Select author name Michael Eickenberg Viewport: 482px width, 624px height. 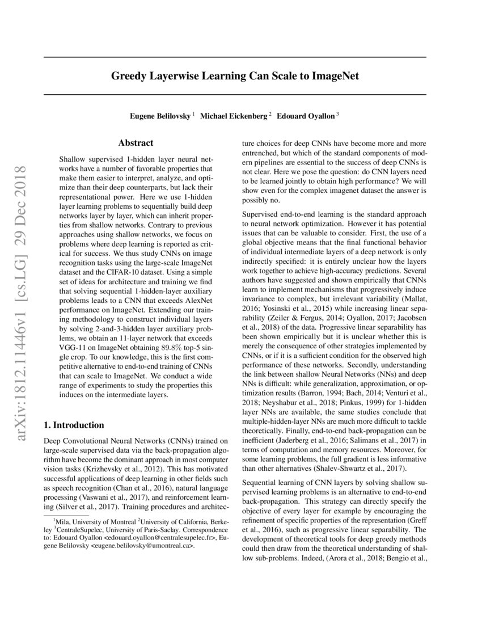click(x=235, y=116)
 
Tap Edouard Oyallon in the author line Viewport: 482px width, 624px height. click(x=306, y=116)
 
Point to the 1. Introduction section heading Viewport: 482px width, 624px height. click(x=74, y=425)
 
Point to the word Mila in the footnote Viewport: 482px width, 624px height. click(x=61, y=521)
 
